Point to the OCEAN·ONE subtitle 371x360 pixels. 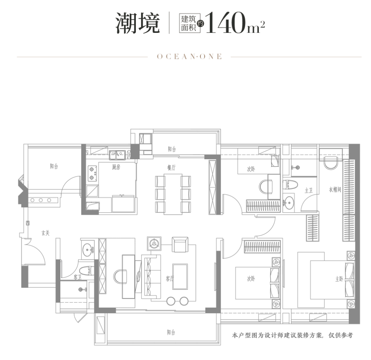point(189,57)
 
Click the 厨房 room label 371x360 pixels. point(116,167)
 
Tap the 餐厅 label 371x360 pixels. point(171,167)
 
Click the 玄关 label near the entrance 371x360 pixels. point(45,233)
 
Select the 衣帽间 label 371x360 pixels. point(335,190)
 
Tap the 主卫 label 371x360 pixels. point(309,190)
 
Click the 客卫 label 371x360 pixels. point(67,276)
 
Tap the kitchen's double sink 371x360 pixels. point(117,155)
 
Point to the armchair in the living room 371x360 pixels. point(180,244)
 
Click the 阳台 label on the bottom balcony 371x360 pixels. point(171,333)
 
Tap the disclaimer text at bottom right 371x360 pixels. point(292,336)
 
